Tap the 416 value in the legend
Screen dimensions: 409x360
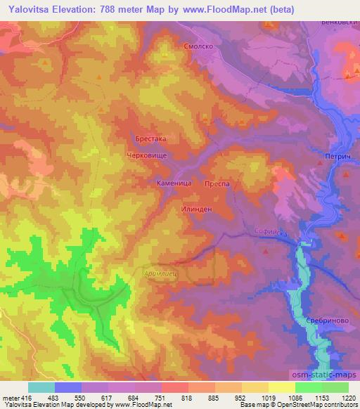click(x=27, y=398)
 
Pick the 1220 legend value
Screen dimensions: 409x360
click(x=347, y=398)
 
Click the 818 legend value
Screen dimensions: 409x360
click(x=187, y=398)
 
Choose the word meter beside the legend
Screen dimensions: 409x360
click(x=9, y=398)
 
